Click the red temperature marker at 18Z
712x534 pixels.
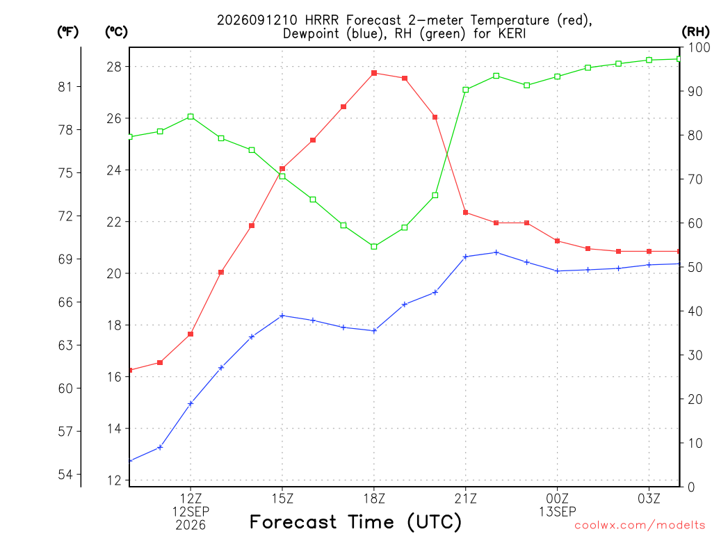pyautogui.click(x=374, y=73)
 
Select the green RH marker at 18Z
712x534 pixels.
pyautogui.click(x=374, y=247)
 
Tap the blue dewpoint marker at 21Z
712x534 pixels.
pyautogui.click(x=465, y=257)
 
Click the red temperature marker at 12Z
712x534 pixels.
pyautogui.click(x=191, y=334)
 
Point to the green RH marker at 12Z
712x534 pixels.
pyautogui.click(x=191, y=117)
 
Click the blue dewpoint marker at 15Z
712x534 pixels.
pyautogui.click(x=282, y=316)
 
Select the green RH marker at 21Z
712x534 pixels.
pyautogui.click(x=465, y=90)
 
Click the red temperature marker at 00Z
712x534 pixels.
pyautogui.click(x=557, y=241)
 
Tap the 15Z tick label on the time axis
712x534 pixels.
pyautogui.click(x=282, y=499)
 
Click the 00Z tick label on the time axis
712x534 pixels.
pyautogui.click(x=557, y=499)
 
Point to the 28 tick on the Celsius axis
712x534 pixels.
pyautogui.click(x=115, y=67)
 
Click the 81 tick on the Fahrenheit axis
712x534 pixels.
pyautogui.click(x=65, y=86)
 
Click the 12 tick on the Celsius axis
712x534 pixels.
pyautogui.click(x=115, y=480)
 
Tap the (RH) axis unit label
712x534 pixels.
pyautogui.click(x=695, y=32)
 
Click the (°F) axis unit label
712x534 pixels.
pyautogui.click(x=67, y=32)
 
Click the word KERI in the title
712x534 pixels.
pyautogui.click(x=512, y=33)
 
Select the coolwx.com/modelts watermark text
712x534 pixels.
pyautogui.click(x=640, y=525)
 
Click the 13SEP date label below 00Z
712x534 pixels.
pyautogui.click(x=557, y=512)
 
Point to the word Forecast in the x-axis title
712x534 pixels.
pyautogui.click(x=293, y=521)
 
